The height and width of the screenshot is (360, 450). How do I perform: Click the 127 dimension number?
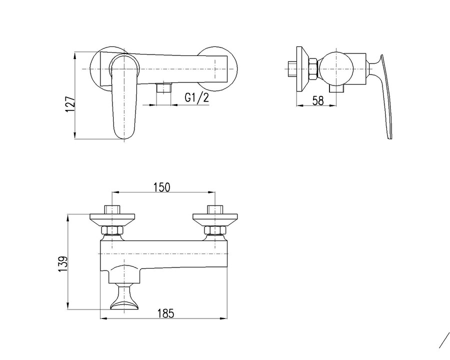[70, 104]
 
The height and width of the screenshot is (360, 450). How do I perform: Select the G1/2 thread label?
[196, 98]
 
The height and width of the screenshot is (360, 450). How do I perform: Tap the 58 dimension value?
[318, 100]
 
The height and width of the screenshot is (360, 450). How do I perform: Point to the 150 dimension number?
[162, 187]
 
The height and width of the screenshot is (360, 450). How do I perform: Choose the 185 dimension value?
[165, 313]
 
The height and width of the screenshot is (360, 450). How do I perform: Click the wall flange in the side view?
[301, 69]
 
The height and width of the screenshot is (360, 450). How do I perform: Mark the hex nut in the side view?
[312, 68]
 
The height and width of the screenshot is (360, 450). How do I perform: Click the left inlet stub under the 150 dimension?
[111, 209]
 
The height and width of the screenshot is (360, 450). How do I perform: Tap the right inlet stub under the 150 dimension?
[215, 209]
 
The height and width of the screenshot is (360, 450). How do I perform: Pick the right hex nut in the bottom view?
[215, 230]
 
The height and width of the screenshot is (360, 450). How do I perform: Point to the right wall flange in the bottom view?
[215, 219]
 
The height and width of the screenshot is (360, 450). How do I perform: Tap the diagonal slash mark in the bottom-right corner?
[444, 340]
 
